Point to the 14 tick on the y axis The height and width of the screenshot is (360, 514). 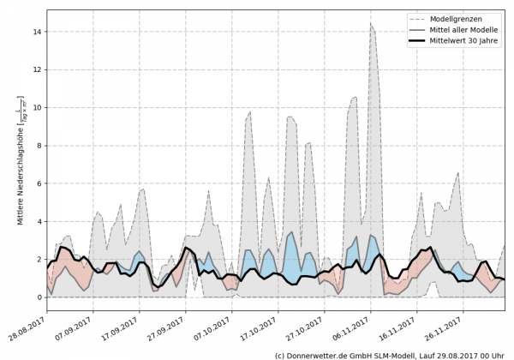[x=38, y=32]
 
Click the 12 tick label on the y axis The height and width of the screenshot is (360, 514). [x=38, y=69]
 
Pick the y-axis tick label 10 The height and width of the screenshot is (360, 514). [x=38, y=108]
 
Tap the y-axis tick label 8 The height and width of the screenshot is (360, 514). [x=39, y=146]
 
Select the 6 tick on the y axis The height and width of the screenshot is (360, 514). [x=39, y=183]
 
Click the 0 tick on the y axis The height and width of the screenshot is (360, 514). [x=39, y=297]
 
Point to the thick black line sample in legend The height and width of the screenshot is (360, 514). [x=417, y=41]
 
